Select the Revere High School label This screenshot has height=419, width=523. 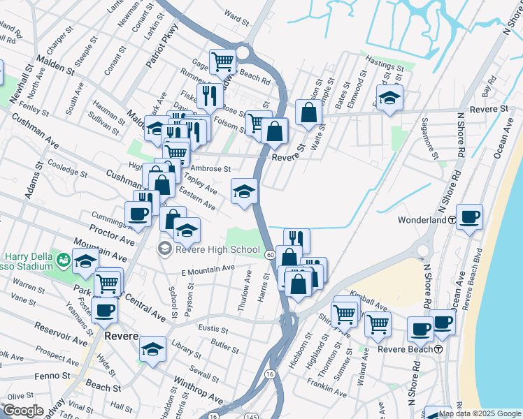click(216, 249)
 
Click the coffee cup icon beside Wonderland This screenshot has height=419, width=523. click(469, 217)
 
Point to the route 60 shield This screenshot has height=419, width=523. click(270, 254)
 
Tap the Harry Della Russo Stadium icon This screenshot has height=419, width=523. click(64, 261)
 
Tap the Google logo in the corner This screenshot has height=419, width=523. click(23, 411)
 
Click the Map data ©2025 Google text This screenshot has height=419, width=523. click(480, 413)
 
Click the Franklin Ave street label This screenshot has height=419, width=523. click(327, 390)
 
